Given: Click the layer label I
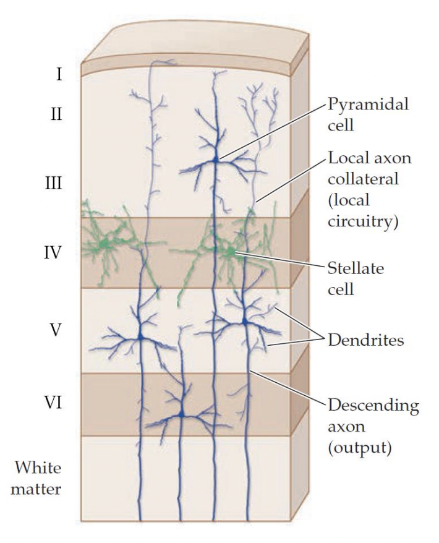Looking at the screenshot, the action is click(x=59, y=76).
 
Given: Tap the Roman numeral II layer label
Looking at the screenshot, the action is click(x=59, y=115).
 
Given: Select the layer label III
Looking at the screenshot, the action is click(x=59, y=185).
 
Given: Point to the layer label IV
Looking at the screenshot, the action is click(x=58, y=253).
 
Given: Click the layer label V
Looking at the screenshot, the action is click(x=56, y=330).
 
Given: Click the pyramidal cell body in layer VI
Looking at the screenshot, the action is click(x=182, y=413).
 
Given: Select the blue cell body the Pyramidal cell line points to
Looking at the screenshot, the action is click(x=215, y=160).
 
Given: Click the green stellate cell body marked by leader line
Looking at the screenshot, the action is click(x=229, y=252).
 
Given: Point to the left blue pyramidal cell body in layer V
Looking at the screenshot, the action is click(x=142, y=336).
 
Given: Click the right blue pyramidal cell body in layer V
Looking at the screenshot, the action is click(x=245, y=322).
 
